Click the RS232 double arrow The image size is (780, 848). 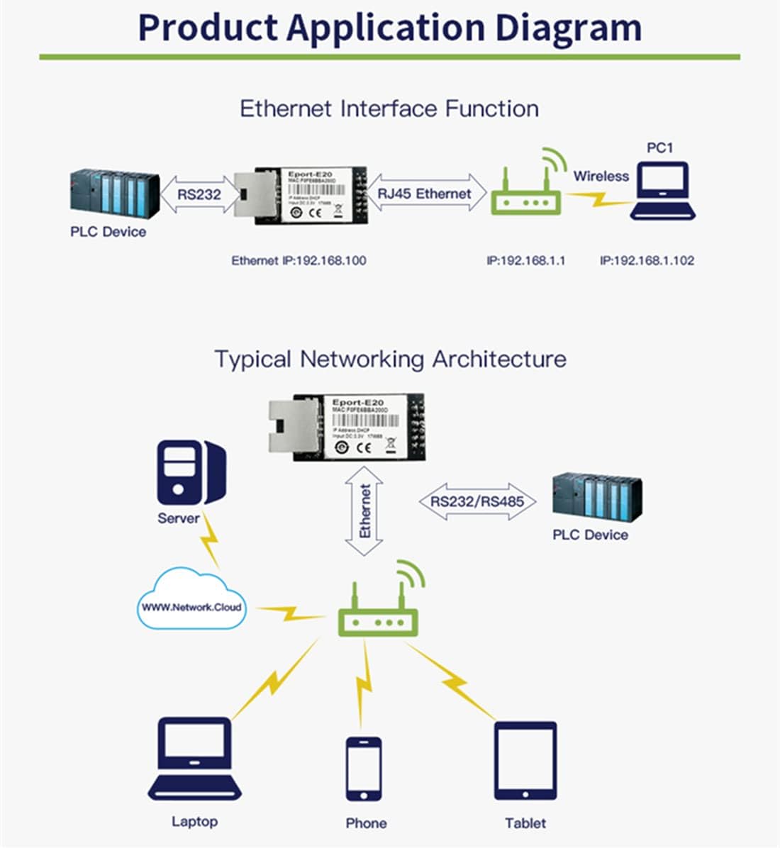[x=198, y=194]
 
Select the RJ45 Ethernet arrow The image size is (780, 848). [x=424, y=194]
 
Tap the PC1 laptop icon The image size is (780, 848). [x=663, y=191]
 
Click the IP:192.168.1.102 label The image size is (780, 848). [x=647, y=261]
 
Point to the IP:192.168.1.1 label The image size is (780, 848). [x=525, y=261]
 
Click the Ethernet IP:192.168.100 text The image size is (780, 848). [x=299, y=261]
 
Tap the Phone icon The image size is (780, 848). [x=364, y=769]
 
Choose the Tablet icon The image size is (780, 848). [x=525, y=761]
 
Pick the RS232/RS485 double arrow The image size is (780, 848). [x=477, y=502]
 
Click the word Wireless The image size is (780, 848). [x=601, y=176]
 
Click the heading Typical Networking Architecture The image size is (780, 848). [x=390, y=359]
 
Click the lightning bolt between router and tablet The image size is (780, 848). [x=455, y=684]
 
